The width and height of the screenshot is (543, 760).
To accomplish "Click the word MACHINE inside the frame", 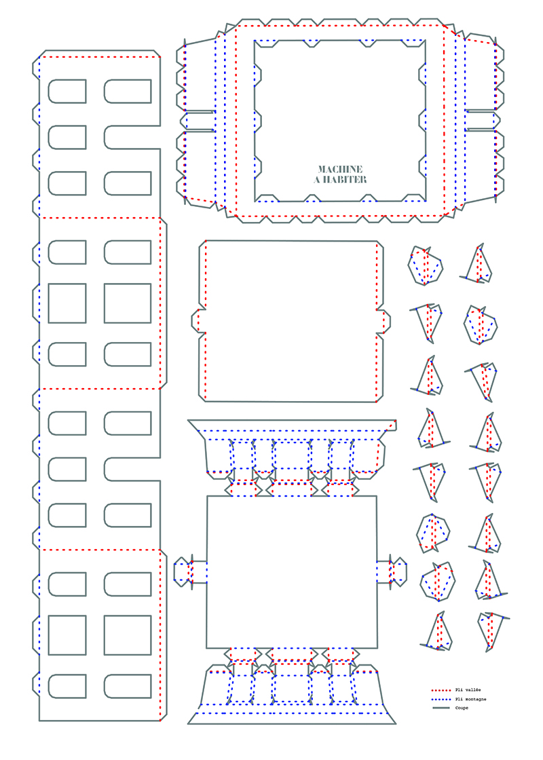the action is pos(340,169).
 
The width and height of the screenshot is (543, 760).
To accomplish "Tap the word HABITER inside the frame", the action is pos(345,180).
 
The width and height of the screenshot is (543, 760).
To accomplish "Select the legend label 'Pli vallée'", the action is pos(468,689).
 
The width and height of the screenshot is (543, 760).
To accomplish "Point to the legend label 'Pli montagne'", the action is pos(471,699).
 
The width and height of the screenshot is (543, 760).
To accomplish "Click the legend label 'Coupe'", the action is pos(462,708).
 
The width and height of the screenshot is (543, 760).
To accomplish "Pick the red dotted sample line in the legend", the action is pos(441,689).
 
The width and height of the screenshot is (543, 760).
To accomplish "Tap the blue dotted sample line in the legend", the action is pos(441,699).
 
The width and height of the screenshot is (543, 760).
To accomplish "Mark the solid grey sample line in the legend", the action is pos(441,708).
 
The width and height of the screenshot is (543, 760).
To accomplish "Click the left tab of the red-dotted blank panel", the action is pos(198,320).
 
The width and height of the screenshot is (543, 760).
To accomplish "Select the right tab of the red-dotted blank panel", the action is pos(383,321).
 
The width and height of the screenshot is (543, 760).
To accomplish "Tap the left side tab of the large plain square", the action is pos(190,572).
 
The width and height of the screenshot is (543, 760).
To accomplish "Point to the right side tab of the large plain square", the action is pos(392,572).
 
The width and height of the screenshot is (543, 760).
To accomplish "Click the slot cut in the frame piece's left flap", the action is pos(198,121).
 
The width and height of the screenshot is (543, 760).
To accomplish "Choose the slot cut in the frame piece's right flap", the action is pos(483,121).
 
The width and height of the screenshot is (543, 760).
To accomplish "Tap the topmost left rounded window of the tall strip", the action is pos(67,91).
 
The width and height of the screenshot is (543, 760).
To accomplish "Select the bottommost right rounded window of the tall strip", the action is pos(128,686).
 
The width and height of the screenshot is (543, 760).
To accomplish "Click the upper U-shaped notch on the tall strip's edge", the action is pos(132,137).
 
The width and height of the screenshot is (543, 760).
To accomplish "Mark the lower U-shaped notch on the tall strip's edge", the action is pos(132,469).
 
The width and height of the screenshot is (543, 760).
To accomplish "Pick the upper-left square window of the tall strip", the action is pos(67,303).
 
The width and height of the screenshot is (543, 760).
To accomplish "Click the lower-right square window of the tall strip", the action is pos(128,635).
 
